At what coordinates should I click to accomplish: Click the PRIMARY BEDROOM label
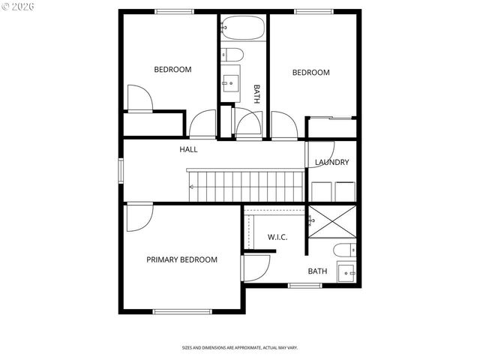click(181, 260)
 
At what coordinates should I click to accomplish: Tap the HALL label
click(188, 150)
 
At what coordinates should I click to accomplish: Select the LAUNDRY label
click(331, 163)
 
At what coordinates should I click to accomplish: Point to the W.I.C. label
click(277, 238)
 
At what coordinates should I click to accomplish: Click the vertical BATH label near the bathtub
click(256, 93)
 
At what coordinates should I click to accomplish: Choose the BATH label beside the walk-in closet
click(317, 271)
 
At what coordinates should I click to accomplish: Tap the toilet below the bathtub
click(232, 54)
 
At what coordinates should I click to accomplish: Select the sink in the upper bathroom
click(230, 81)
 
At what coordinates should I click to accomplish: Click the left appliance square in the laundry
click(321, 192)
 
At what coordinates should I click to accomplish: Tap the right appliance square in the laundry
click(345, 192)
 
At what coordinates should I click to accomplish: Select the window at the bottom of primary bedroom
click(182, 311)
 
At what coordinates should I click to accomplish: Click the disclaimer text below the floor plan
click(240, 348)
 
